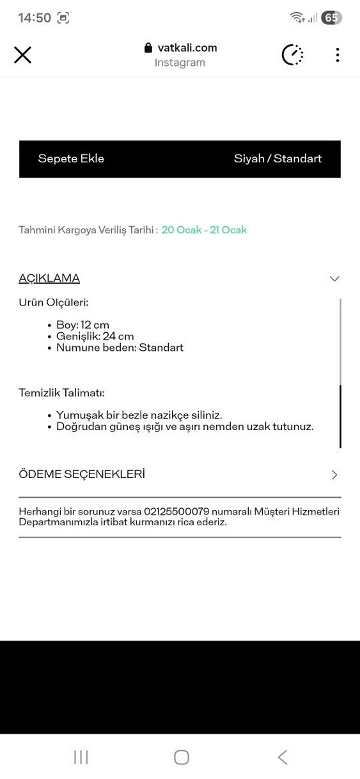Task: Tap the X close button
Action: click(x=22, y=55)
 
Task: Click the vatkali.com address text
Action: click(x=187, y=47)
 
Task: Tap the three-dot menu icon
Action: click(x=337, y=55)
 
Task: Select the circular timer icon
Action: click(x=293, y=55)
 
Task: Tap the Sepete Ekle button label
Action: click(x=71, y=158)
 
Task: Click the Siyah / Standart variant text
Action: click(x=278, y=158)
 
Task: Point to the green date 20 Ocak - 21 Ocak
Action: click(x=204, y=230)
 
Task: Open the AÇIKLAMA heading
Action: click(x=49, y=278)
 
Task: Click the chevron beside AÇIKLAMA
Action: click(x=334, y=279)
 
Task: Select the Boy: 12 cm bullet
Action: click(x=82, y=325)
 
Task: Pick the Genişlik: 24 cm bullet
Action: click(x=95, y=336)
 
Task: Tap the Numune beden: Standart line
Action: click(x=120, y=348)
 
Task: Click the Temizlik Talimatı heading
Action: click(x=61, y=392)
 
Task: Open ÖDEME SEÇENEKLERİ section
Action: click(x=82, y=474)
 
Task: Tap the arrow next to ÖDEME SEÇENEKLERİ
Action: click(x=334, y=475)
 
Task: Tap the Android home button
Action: click(x=182, y=757)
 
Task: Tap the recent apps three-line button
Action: click(x=81, y=757)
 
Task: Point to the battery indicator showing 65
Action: click(x=331, y=18)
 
